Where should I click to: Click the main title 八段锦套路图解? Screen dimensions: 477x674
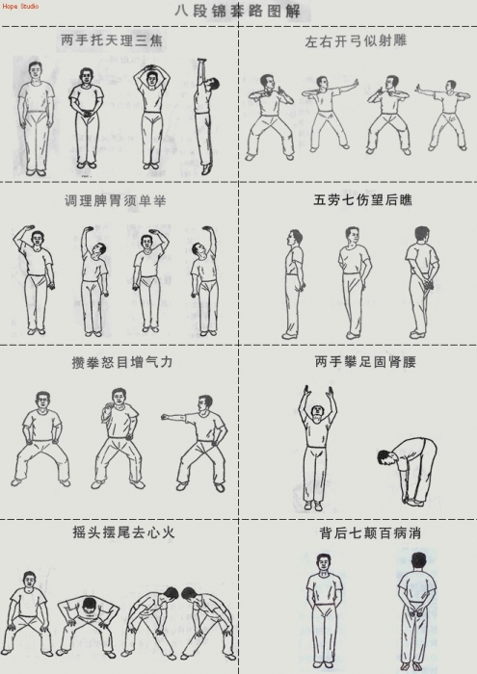[237, 12]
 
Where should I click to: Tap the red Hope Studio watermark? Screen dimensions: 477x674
[20, 6]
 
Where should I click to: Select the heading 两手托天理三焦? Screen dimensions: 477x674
[112, 40]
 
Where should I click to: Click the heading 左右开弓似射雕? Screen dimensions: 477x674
[356, 40]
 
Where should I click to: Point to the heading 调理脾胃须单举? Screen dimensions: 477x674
[115, 200]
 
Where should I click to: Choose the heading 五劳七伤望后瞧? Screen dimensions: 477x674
[362, 200]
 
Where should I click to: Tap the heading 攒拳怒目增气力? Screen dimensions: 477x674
[122, 362]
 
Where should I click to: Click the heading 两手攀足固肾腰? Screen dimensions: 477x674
[365, 362]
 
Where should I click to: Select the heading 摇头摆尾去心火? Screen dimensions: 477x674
[123, 532]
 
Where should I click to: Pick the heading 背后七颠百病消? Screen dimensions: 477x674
[370, 533]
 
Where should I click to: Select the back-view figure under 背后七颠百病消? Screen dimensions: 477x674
[416, 611]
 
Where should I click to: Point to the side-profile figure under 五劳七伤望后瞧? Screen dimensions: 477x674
[294, 284]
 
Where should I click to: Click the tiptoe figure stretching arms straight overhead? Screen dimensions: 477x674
[205, 117]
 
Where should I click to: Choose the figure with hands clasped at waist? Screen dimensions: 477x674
[87, 117]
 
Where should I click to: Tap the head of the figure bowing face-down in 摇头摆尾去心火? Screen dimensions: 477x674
[89, 606]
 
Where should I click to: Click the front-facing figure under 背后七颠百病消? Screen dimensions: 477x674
[324, 610]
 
